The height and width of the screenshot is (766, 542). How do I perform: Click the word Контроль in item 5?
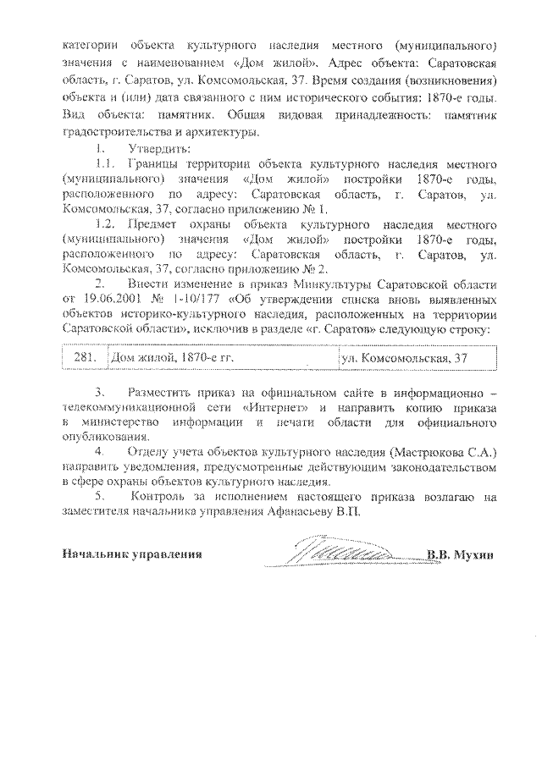pyautogui.click(x=171, y=497)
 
